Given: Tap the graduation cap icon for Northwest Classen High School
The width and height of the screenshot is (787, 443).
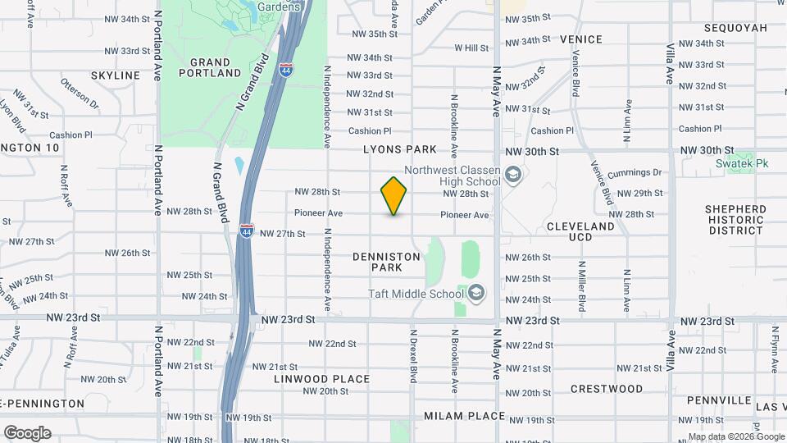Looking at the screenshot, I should (x=513, y=175).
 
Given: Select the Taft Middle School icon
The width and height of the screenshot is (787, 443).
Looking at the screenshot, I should (x=476, y=292).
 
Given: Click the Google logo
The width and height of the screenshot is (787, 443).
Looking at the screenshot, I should (x=26, y=432).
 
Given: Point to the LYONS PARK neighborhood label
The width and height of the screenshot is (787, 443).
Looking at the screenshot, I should (x=412, y=150).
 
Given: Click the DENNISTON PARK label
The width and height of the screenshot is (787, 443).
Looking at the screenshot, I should (x=387, y=262).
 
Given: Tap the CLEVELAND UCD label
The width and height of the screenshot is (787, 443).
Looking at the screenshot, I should (x=580, y=231).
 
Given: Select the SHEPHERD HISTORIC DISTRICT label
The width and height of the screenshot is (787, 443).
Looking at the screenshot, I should (x=735, y=220).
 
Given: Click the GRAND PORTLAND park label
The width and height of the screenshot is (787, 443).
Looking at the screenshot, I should (x=215, y=67).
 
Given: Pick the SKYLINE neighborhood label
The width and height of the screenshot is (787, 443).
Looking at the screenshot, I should (x=116, y=75).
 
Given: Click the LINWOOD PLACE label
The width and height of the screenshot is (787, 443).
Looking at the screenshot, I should (x=322, y=379).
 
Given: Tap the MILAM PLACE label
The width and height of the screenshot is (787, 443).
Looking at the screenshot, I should (x=464, y=416).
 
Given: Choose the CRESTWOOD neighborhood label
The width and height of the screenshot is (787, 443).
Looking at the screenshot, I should (x=607, y=388).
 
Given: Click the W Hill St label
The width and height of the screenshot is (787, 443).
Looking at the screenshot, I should (x=471, y=48).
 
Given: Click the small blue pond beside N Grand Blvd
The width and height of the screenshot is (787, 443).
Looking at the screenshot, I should (x=239, y=165).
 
